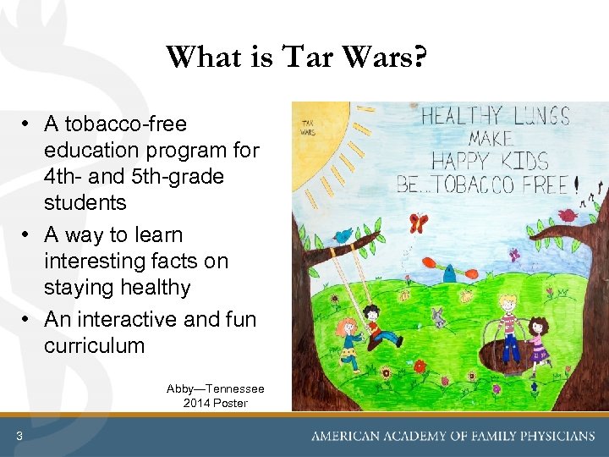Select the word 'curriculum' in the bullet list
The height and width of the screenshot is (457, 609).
click(94, 346)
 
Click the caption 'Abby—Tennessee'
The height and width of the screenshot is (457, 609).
click(215, 388)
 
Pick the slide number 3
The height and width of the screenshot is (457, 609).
click(19, 436)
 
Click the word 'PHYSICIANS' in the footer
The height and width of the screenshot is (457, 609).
click(551, 437)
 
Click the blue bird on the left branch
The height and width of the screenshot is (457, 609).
click(343, 234)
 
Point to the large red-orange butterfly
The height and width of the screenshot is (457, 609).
click(418, 223)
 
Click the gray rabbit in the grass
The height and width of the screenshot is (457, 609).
click(437, 319)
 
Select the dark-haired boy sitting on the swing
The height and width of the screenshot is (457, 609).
click(378, 326)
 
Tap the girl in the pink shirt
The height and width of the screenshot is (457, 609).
click(538, 339)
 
